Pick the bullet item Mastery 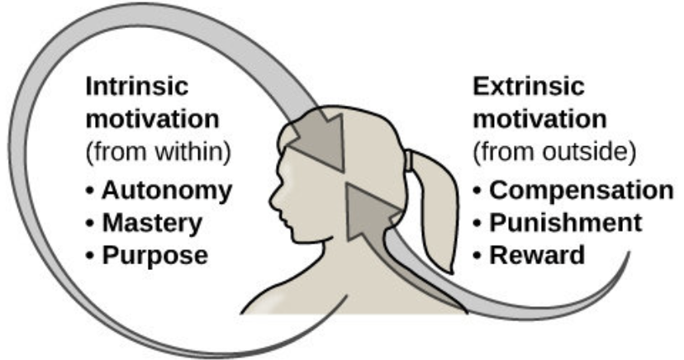pos(151,223)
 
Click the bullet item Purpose pos(154,255)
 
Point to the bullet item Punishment pos(565,223)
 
